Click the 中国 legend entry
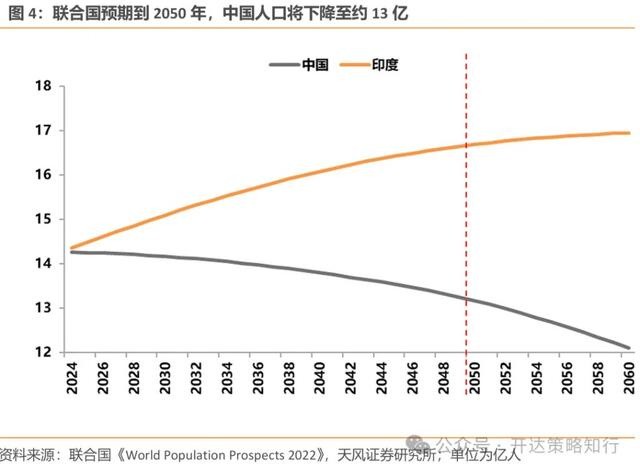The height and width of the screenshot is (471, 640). tap(299, 65)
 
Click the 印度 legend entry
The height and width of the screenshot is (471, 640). tap(370, 65)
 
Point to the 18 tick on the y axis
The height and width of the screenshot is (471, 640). tap(43, 86)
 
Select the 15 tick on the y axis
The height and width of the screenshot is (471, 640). tap(43, 219)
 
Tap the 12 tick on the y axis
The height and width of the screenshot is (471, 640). tap(43, 352)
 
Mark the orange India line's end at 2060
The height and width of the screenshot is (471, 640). tap(628, 133)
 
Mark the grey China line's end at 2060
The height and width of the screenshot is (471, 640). tap(628, 347)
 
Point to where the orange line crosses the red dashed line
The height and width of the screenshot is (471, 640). tap(467, 146)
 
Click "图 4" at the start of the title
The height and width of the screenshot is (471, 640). tap(22, 15)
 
